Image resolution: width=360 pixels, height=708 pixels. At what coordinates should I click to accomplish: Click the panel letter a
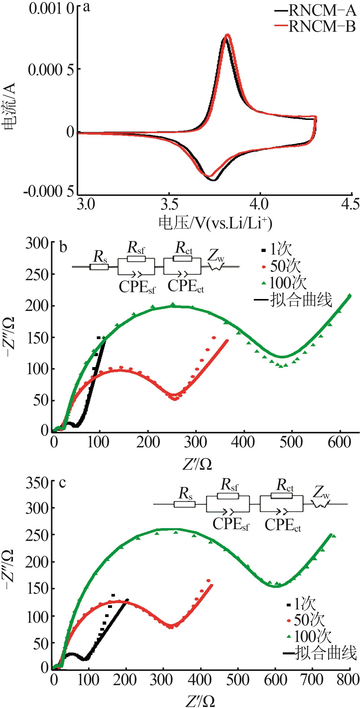(86, 7)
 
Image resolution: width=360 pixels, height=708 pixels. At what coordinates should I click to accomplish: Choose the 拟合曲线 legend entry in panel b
(301, 300)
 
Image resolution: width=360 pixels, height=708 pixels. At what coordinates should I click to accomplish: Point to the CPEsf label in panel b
(137, 287)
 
